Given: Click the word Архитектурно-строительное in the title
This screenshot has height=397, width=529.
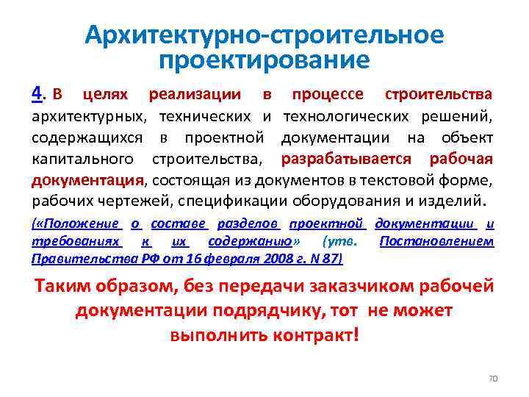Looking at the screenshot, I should pos(264,35).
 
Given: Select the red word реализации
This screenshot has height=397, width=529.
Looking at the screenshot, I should pos(194,95).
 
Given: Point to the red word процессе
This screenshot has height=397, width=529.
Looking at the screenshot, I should pos(328,95).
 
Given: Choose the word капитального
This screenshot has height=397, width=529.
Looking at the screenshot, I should pos(83,160).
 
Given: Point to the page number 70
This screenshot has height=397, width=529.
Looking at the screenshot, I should pos(493,378).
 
